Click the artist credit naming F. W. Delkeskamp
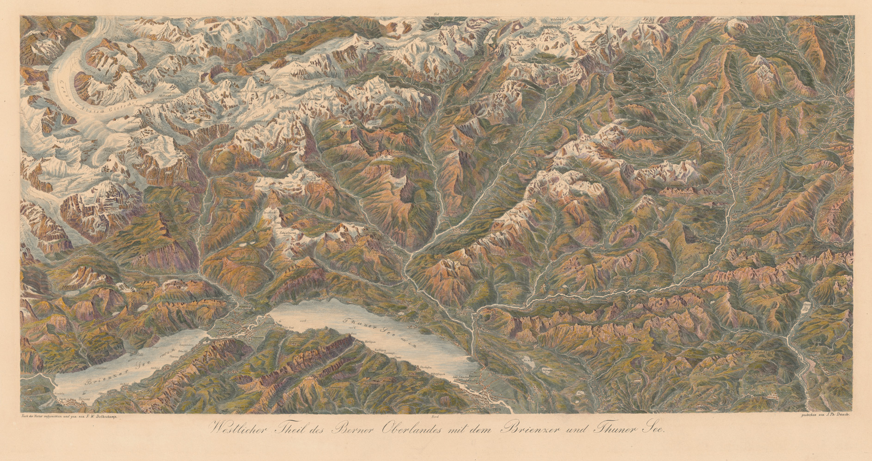click(69, 417)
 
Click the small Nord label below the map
click(434, 417)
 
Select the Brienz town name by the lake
click(84, 398)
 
